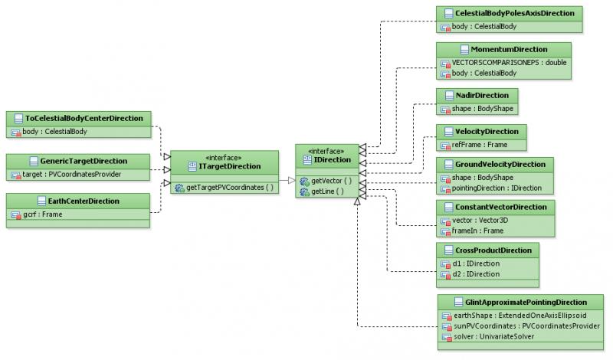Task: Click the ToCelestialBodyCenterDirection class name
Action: click(84, 119)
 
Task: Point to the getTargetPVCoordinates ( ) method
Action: click(229, 188)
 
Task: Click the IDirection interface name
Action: click(332, 160)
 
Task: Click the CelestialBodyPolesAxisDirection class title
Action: click(517, 14)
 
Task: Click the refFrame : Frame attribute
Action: click(474, 145)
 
